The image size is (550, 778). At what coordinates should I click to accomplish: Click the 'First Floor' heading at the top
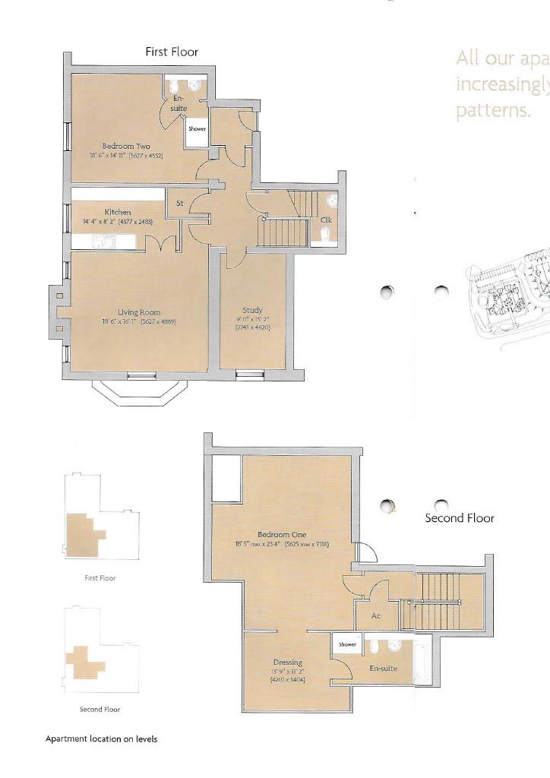[x=172, y=52]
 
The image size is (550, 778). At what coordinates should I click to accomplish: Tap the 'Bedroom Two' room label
[x=126, y=146]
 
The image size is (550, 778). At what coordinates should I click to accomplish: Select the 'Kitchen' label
[x=118, y=212]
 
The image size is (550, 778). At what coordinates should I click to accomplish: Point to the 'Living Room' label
[x=138, y=312]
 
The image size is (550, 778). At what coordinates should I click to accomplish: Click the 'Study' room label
[x=252, y=310]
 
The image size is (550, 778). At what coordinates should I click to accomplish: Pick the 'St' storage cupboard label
[x=180, y=204]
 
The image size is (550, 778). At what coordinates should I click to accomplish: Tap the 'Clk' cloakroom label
[x=326, y=220]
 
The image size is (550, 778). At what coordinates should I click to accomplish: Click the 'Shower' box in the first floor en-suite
[x=197, y=129]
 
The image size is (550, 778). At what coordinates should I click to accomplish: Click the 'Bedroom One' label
[x=281, y=534]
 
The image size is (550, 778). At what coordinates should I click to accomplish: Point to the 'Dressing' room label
[x=287, y=663]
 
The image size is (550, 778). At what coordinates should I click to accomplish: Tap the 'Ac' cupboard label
[x=375, y=616]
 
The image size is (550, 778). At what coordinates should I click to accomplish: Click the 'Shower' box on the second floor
[x=347, y=644]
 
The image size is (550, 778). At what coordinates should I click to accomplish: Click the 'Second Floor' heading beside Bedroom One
[x=459, y=518]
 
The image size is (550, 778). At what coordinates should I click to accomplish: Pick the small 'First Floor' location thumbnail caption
[x=100, y=578]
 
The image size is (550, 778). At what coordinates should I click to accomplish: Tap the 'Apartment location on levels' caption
[x=101, y=738]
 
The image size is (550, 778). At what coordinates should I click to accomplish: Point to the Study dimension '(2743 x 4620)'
[x=252, y=327]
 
